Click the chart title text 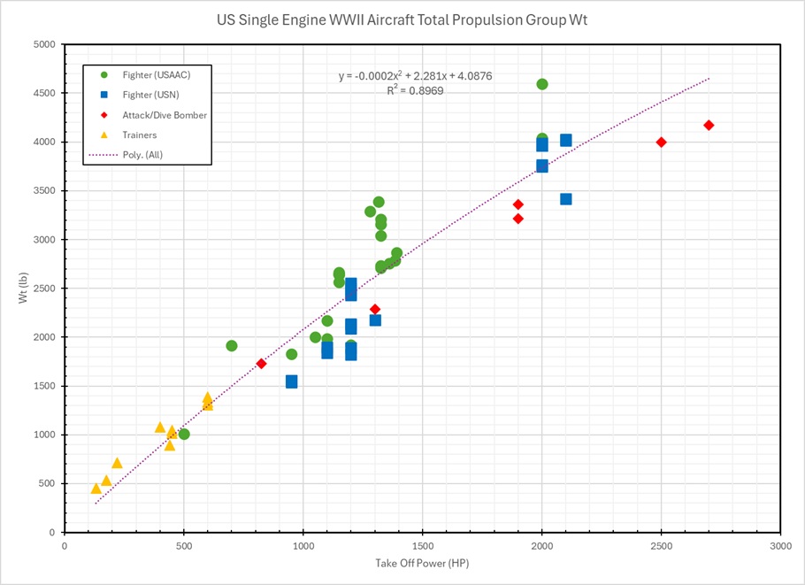pos(402,19)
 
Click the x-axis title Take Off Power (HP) pos(422,564)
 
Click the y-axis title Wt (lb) pos(24,289)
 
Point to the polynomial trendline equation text pos(415,76)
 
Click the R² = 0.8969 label pos(415,90)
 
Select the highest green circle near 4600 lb pos(542,84)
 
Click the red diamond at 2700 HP pos(709,126)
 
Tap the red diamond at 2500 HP pos(661,142)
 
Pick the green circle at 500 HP pos(184,435)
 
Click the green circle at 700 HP pos(232,346)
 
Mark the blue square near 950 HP pos(291,381)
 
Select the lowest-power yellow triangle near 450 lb pos(96,489)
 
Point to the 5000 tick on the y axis pos(44,44)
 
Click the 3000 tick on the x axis pos(780,546)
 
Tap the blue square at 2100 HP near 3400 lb pos(566,199)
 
